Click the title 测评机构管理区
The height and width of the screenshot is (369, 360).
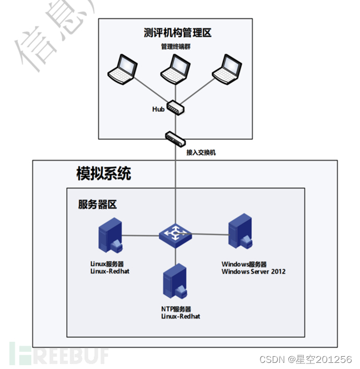(x=178, y=33)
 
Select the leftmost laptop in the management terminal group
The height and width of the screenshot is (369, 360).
(x=122, y=69)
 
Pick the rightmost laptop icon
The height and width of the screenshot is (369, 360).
(x=227, y=69)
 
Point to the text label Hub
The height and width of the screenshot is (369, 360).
(x=158, y=109)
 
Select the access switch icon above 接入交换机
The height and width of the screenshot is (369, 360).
(x=175, y=137)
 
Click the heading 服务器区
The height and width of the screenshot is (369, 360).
(x=97, y=204)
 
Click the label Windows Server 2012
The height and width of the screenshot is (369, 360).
(x=253, y=271)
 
